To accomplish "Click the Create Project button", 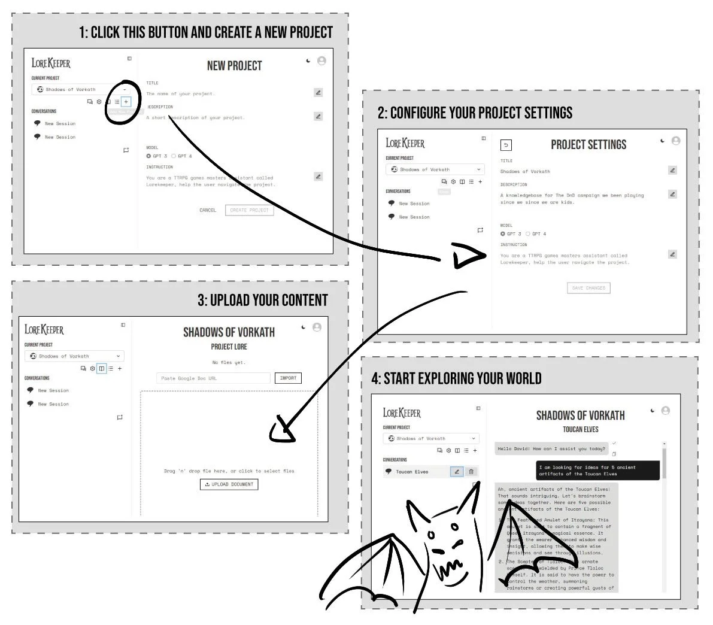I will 249,210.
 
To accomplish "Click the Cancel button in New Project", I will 208,210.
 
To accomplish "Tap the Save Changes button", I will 588,288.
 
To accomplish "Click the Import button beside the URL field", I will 288,378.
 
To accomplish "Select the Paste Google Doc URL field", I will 213,378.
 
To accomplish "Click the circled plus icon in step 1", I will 126,102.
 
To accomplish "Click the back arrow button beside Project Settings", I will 506,145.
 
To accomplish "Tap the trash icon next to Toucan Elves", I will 471,472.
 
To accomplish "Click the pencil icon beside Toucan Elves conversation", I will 456,472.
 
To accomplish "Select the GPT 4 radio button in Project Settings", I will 528,234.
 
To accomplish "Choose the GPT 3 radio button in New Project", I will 149,156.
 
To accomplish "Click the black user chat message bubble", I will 597,471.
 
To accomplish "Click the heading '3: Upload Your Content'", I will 263,301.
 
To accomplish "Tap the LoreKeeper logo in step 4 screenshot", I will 402,413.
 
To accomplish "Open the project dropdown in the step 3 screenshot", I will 74,356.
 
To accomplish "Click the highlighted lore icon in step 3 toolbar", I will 102,369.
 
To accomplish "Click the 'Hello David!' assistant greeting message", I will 551,448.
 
